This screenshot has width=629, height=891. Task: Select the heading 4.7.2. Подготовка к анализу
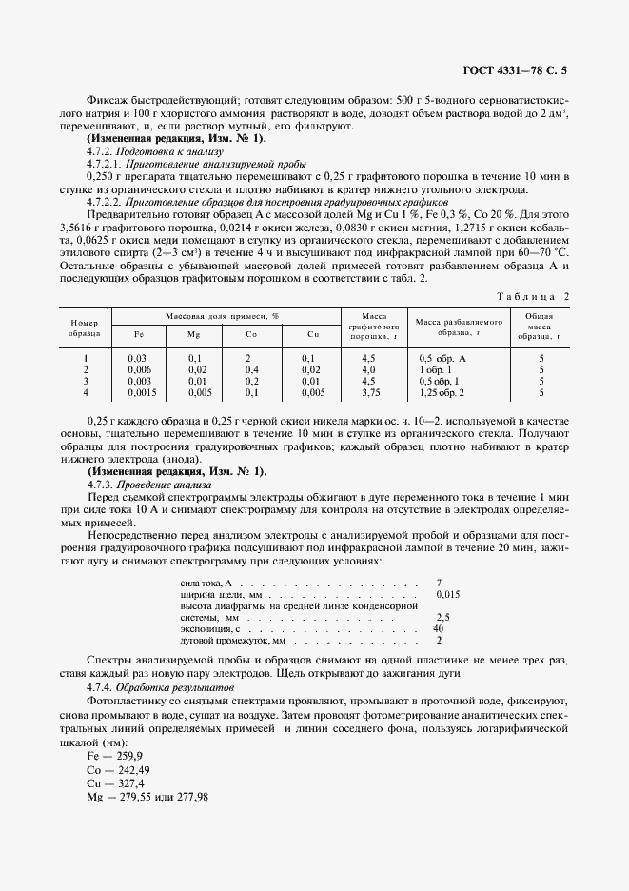point(154,151)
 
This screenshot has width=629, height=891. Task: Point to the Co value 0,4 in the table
point(252,368)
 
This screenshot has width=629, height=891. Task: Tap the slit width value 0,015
point(447,594)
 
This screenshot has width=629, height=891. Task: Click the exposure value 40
point(439,628)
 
